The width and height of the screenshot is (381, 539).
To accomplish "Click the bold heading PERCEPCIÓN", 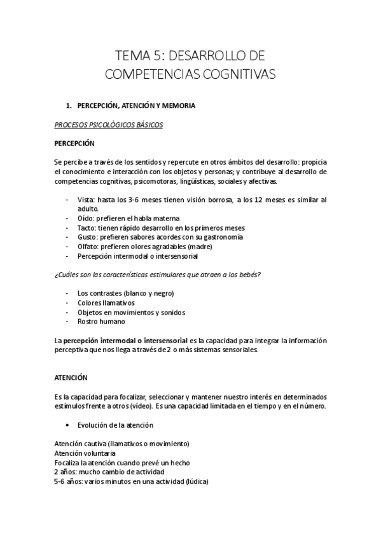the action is pos(74,143).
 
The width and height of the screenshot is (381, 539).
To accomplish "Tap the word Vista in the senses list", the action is pos(85,200).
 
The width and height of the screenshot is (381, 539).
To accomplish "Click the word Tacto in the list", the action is pos(86,228).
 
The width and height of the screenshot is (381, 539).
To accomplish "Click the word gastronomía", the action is pos(217,237).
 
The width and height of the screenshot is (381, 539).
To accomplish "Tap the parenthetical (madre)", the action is pos(199,247).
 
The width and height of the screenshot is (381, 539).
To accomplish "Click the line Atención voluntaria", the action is pos(85,454).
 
